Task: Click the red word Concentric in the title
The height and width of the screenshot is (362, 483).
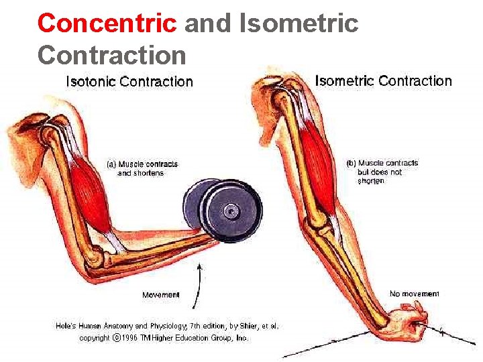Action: (107, 23)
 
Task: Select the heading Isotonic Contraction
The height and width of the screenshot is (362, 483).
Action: (129, 82)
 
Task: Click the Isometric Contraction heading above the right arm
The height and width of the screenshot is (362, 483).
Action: (383, 81)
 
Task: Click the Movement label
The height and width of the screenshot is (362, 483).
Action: (161, 295)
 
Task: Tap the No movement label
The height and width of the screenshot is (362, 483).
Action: (415, 294)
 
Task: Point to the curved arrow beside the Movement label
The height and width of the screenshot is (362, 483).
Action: (197, 284)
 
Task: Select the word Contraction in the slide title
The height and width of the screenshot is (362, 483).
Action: (111, 54)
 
